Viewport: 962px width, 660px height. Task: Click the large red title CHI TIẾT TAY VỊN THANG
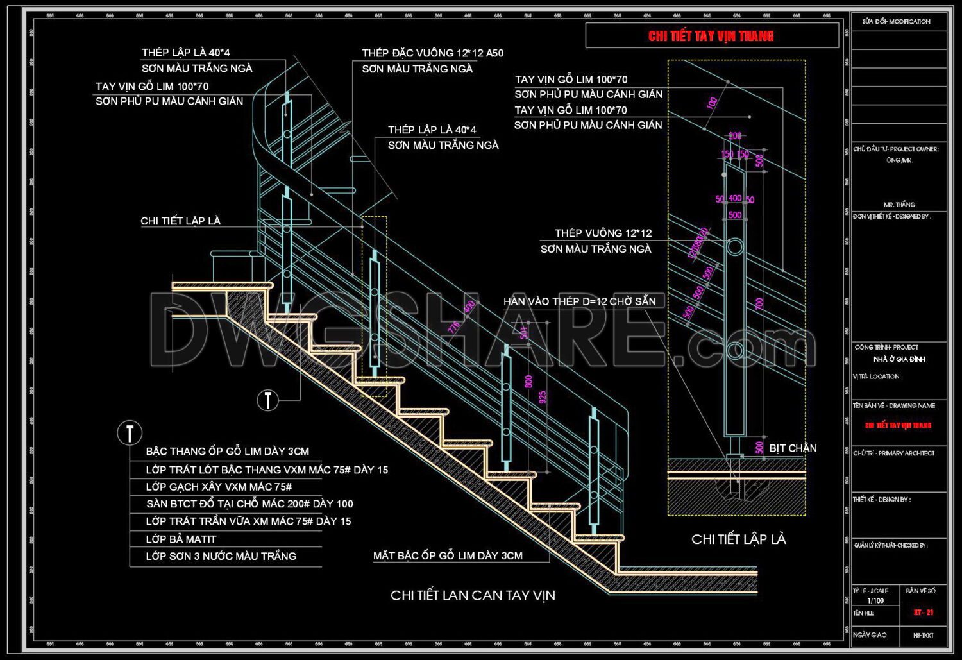(x=711, y=36)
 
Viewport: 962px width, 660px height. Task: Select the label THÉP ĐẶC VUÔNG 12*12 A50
(x=432, y=53)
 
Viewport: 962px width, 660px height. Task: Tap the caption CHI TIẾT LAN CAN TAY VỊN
(x=473, y=595)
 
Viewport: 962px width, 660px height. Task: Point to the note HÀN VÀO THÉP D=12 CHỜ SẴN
(x=579, y=301)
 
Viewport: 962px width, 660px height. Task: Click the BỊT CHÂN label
(x=793, y=448)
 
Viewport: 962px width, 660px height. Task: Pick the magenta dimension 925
(x=543, y=397)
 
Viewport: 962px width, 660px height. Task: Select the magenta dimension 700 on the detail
(x=759, y=303)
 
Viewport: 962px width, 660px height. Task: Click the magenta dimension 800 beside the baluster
(x=528, y=381)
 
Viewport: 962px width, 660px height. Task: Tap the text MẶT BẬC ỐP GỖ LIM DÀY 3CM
(x=448, y=555)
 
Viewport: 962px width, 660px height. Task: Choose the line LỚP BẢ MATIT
(x=181, y=539)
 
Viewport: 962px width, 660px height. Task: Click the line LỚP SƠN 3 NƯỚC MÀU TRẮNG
(x=221, y=556)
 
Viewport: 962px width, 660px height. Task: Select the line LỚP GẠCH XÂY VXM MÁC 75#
(x=219, y=487)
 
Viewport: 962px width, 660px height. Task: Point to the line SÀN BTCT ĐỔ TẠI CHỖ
(x=249, y=504)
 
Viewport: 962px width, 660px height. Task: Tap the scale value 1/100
(x=875, y=601)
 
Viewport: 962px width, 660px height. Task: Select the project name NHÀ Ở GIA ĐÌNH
(x=899, y=359)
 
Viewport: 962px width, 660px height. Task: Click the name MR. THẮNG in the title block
(x=899, y=204)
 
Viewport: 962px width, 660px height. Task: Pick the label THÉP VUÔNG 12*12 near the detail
(x=603, y=233)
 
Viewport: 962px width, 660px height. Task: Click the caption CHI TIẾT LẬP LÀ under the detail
(x=738, y=539)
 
